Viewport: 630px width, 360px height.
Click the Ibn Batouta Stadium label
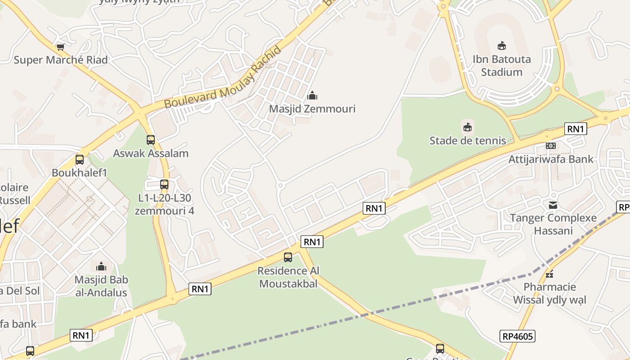(501, 66)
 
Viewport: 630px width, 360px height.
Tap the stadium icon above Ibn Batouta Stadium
(501, 45)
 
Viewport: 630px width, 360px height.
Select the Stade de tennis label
(468, 140)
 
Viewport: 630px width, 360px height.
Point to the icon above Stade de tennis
(468, 127)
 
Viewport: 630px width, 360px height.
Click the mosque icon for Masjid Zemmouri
(312, 95)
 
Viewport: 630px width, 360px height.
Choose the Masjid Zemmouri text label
(312, 109)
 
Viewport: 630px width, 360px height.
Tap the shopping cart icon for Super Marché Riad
(60, 46)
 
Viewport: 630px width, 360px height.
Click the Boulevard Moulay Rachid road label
(223, 77)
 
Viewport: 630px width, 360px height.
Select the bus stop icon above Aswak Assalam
(151, 139)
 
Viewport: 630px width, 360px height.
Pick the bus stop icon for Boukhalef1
(80, 159)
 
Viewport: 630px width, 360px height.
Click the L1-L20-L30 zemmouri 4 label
(164, 204)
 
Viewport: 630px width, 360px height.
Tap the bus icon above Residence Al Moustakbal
(288, 257)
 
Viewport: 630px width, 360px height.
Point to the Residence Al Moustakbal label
(288, 277)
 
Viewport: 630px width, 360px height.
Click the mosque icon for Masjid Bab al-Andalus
(101, 266)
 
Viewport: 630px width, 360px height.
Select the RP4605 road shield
(517, 336)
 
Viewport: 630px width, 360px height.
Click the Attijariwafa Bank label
(551, 159)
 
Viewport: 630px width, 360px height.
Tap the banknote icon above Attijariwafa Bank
(551, 146)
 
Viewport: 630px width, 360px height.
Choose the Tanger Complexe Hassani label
(553, 225)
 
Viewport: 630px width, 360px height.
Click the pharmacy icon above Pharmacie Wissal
(549, 274)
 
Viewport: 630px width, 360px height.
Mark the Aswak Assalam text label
(151, 153)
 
